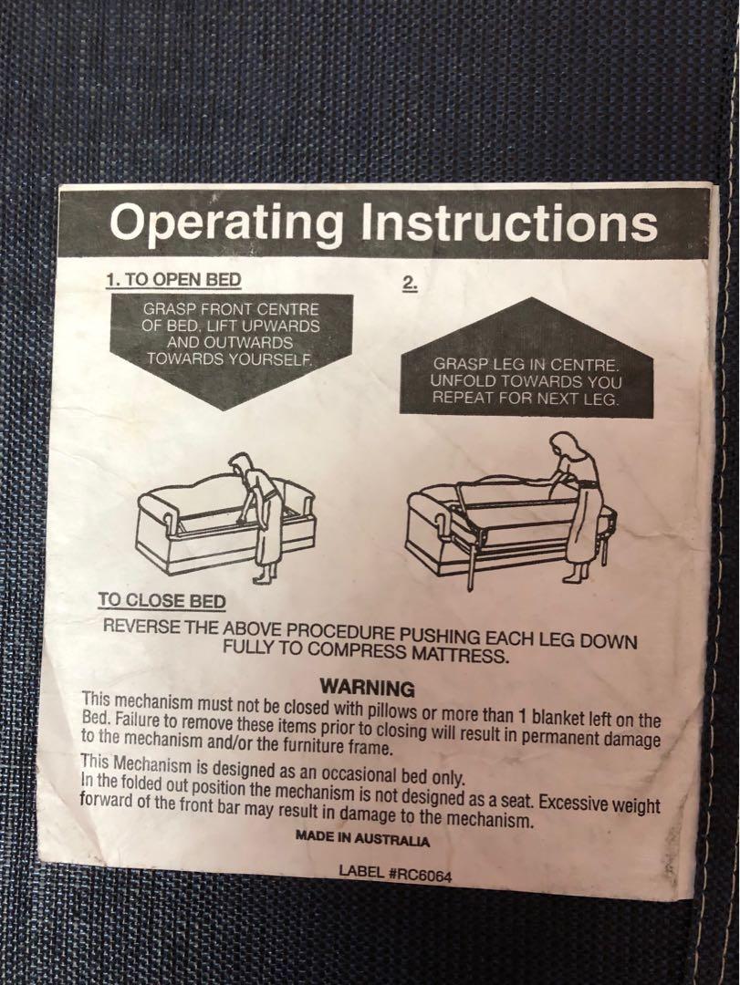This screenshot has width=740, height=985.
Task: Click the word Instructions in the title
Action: (x=509, y=223)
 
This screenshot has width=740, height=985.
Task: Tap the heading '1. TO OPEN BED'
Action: (x=173, y=280)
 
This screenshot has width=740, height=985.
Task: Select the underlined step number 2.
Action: (x=410, y=285)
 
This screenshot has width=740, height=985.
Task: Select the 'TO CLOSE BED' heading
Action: (x=162, y=600)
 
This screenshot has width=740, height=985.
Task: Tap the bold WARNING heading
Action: (x=368, y=688)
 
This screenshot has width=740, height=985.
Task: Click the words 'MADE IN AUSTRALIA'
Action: (x=363, y=839)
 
